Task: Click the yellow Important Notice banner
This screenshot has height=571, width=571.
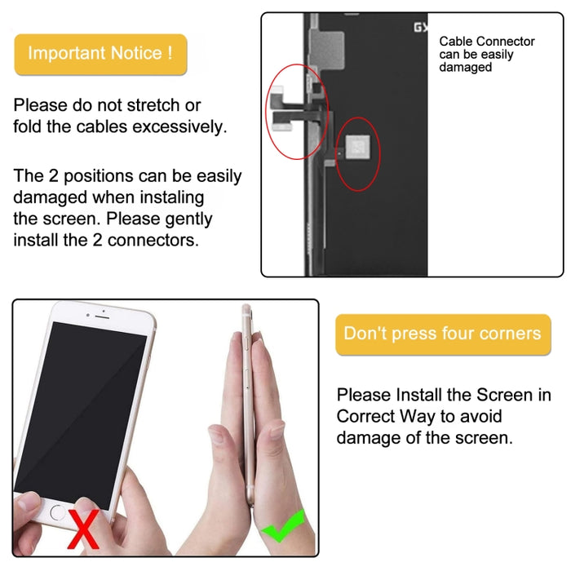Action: click(100, 54)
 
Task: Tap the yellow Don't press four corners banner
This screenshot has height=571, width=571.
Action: click(442, 334)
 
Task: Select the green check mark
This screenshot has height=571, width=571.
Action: click(281, 525)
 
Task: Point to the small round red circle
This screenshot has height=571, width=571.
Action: click(356, 154)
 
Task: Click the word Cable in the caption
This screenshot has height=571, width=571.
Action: click(456, 42)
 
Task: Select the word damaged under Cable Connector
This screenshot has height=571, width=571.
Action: click(466, 68)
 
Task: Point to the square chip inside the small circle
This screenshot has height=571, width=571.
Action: click(356, 147)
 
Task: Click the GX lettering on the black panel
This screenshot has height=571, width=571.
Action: click(420, 28)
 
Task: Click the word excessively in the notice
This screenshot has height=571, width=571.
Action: click(179, 127)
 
